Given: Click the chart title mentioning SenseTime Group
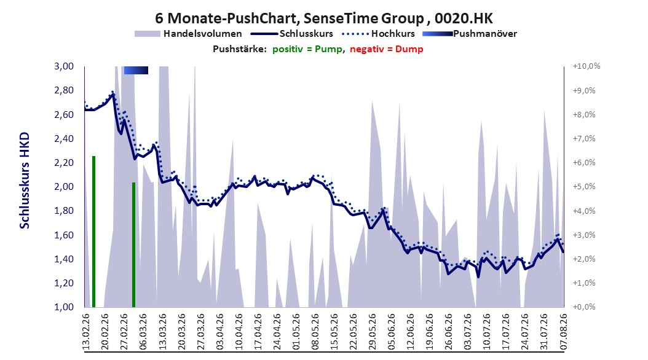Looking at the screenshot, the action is pyautogui.click(x=324, y=18).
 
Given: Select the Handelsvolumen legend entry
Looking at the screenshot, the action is pyautogui.click(x=189, y=34).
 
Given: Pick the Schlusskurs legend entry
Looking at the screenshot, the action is pyautogui.click(x=292, y=34).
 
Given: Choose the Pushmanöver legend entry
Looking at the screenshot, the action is pyautogui.click(x=470, y=34).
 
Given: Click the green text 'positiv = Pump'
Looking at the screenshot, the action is pyautogui.click(x=307, y=49).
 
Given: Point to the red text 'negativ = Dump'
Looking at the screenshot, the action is pyautogui.click(x=387, y=49).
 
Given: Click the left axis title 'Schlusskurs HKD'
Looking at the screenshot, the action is pyautogui.click(x=25, y=181).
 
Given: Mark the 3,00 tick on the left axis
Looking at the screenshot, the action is pyautogui.click(x=64, y=66).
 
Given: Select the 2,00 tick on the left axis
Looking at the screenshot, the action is pyautogui.click(x=64, y=187).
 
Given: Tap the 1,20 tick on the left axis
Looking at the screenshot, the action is pyautogui.click(x=64, y=283).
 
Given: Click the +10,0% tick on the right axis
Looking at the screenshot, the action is pyautogui.click(x=587, y=66).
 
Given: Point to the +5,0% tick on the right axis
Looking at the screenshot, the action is pyautogui.click(x=584, y=187).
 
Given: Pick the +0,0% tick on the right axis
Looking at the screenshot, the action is pyautogui.click(x=584, y=307).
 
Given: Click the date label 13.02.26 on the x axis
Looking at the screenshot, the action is pyautogui.click(x=86, y=332).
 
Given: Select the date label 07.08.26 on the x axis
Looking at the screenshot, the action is pyautogui.click(x=563, y=332).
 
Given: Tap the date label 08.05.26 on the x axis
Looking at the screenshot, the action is pyautogui.click(x=315, y=332).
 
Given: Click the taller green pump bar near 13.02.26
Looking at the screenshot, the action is pyautogui.click(x=94, y=232).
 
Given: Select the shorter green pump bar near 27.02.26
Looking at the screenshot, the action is pyautogui.click(x=134, y=245).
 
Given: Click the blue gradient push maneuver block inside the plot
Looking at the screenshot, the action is pyautogui.click(x=136, y=70).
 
